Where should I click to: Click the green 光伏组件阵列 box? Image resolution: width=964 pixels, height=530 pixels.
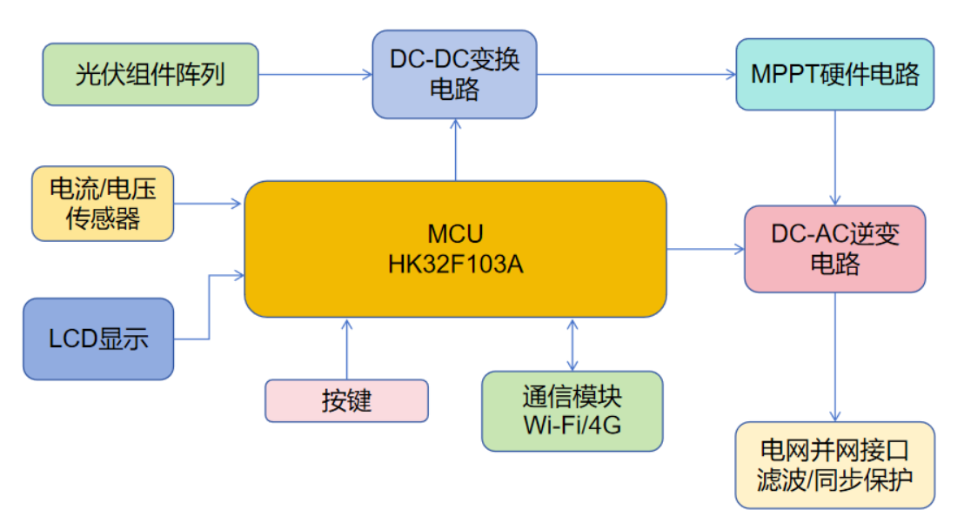coord(151,75)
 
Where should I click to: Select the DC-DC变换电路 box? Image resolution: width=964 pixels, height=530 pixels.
coord(454,75)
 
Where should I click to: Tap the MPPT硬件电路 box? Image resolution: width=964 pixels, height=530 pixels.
coord(834,75)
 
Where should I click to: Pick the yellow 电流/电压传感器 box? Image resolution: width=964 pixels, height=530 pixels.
coord(103,204)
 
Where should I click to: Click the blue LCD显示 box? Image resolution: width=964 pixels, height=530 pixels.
coord(98,339)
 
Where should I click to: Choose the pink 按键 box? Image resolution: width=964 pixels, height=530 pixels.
coord(346,401)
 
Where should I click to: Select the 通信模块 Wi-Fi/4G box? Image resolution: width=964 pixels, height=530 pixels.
coord(572,411)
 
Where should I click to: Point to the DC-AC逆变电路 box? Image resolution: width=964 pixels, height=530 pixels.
coord(834,249)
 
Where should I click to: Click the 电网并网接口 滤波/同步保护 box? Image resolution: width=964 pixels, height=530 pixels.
coord(834,465)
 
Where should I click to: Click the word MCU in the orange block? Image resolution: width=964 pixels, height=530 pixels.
coord(455,234)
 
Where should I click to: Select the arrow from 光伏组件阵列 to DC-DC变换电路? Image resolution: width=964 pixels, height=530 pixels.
coord(315,75)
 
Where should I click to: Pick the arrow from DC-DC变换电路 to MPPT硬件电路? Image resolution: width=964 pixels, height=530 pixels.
coord(636,75)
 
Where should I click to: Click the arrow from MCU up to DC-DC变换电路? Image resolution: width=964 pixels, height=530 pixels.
coord(455,150)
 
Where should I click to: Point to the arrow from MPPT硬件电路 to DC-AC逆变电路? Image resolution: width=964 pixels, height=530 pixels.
coord(835,158)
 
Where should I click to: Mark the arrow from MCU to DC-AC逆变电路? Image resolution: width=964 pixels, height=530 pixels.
coord(705,250)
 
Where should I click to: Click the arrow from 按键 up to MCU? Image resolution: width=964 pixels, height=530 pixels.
coord(346,348)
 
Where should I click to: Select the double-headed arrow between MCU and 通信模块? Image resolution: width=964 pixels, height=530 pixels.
coord(572,345)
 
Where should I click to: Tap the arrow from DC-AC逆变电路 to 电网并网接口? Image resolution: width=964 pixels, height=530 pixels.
coord(835,357)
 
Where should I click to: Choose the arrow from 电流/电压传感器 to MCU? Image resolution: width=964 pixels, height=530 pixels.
coord(209,205)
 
